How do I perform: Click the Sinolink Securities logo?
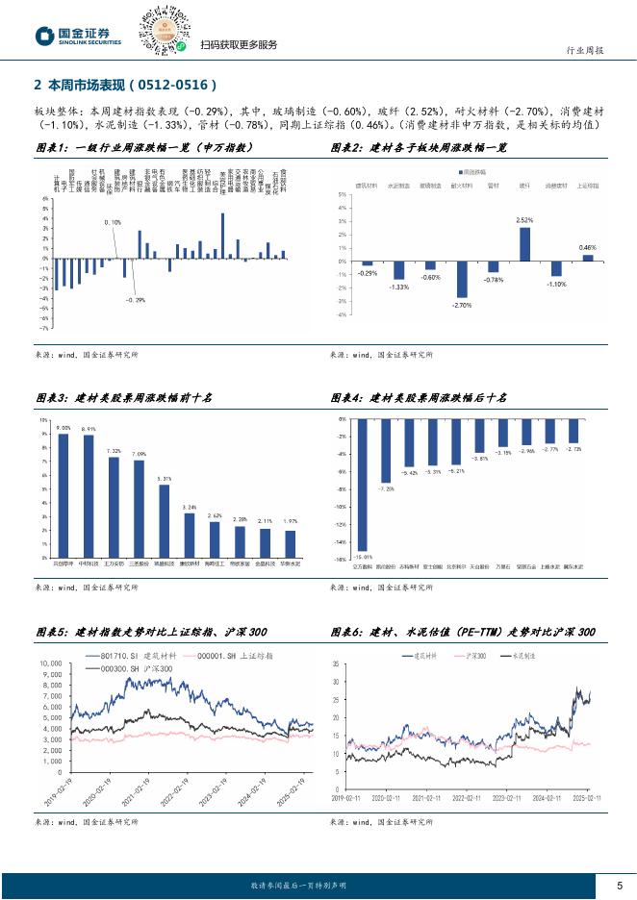tap(79, 36)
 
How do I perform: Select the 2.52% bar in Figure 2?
tap(524, 244)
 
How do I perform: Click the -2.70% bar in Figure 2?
tap(462, 279)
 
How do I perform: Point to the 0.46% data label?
tap(587, 247)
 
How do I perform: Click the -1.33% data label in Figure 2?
tap(398, 287)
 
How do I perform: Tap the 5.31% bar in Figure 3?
tap(164, 520)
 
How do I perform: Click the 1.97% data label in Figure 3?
tap(290, 520)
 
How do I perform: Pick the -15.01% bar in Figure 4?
tap(362, 485)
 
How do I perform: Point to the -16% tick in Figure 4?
tap(340, 558)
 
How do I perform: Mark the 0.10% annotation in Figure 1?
tap(113, 222)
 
